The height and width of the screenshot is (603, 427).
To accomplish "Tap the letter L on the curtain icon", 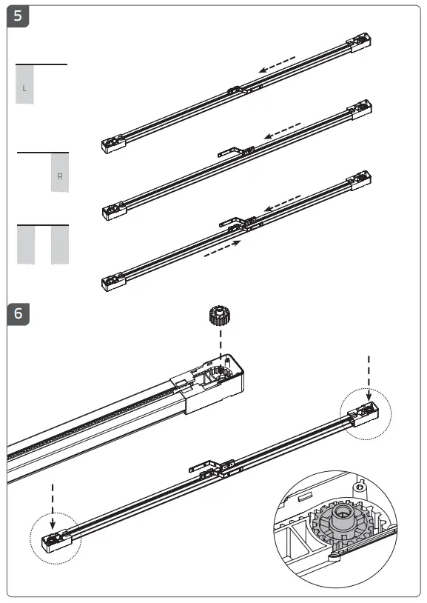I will (x=25, y=88).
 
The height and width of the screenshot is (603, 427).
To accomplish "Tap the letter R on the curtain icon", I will (x=60, y=176).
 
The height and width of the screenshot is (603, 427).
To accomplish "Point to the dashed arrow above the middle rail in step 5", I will (x=283, y=130).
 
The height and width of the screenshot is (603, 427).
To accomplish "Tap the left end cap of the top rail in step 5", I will (x=112, y=144).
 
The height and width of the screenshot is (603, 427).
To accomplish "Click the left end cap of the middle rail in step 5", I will (x=112, y=212).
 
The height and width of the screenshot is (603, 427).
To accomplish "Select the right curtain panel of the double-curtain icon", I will (x=59, y=244).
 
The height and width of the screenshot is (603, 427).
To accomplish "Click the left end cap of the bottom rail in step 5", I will (x=112, y=282).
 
